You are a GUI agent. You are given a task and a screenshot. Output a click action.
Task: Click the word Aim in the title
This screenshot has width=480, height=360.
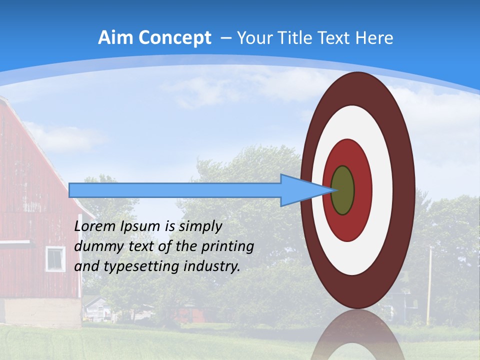[x=115, y=38]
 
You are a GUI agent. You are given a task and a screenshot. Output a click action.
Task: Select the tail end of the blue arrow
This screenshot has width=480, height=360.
[x=70, y=190]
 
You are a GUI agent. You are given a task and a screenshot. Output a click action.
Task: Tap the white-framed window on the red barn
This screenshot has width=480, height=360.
[x=55, y=258]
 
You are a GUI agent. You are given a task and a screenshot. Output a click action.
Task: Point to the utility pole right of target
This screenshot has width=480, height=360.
[x=429, y=285]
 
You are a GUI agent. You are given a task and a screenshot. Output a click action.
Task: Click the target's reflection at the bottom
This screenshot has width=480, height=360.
[x=357, y=337]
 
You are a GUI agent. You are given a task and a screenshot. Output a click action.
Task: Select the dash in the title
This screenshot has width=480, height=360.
[x=225, y=38]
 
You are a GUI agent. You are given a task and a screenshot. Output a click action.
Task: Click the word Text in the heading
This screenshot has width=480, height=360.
[x=336, y=38]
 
